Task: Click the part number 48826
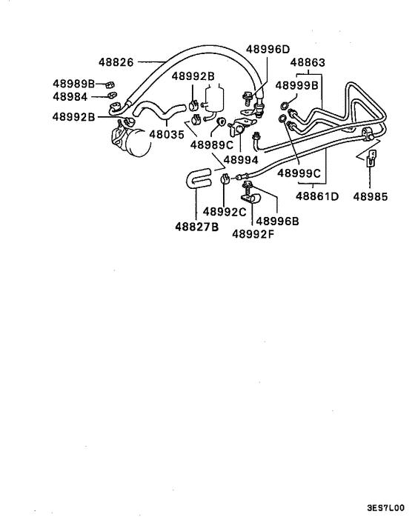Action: point(116,62)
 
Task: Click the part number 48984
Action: point(70,96)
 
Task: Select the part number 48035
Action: point(167,135)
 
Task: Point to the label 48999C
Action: point(299,173)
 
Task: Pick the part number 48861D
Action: point(317,196)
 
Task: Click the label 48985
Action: point(371,196)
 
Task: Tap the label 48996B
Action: point(278,220)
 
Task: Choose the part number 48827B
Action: point(196,227)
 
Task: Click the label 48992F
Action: point(253,233)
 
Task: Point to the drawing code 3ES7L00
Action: point(385,509)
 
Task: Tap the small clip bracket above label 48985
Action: point(370,159)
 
